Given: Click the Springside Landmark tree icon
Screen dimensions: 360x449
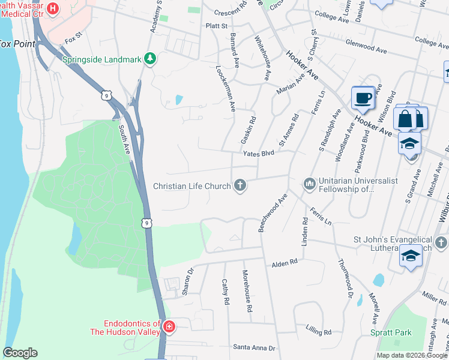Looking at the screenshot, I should point(150,59).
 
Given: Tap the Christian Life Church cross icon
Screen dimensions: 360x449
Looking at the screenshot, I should point(240,185).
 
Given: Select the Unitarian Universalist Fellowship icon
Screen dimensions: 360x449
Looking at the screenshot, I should point(309,182).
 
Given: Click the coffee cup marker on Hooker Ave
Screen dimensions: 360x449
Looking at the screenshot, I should point(363,98).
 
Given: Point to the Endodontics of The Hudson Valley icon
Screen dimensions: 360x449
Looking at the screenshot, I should point(169,327).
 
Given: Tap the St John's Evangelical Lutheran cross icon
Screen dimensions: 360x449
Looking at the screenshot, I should point(441,242).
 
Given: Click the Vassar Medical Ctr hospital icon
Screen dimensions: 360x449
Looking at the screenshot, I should point(52,8).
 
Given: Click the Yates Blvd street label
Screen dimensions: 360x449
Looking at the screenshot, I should point(258,154).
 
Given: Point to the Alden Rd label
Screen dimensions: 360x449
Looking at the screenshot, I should point(285,263).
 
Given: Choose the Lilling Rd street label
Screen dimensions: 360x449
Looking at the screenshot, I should point(318,331).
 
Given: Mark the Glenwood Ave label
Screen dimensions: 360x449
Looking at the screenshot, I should point(366,46).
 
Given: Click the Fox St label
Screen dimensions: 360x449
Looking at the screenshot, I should point(73,40).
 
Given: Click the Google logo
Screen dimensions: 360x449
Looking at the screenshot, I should point(20,353).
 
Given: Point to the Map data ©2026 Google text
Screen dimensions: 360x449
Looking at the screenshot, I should point(412,355).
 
